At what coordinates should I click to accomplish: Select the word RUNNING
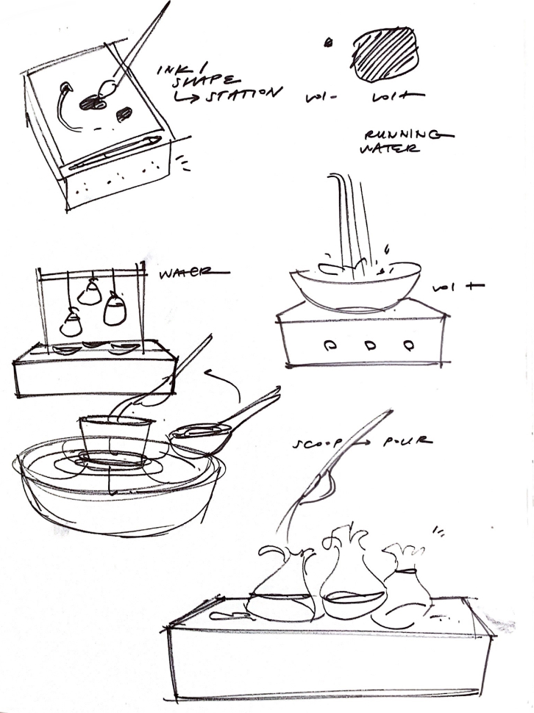click(406, 136)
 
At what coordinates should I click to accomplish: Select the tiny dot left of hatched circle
click(328, 43)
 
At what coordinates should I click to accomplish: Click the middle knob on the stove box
click(368, 343)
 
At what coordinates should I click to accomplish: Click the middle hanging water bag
click(90, 293)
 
